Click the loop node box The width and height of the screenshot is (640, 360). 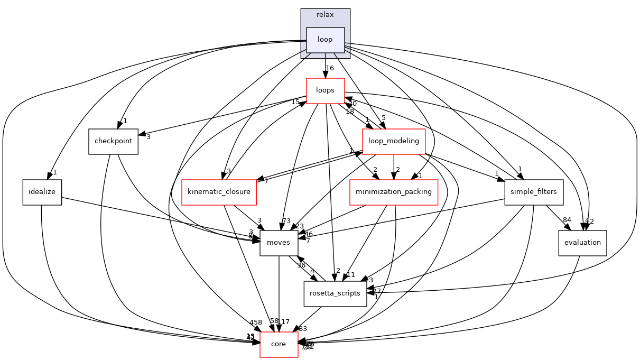coord(326,40)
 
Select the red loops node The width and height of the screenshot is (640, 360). coord(325,90)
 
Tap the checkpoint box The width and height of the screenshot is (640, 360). coord(113,142)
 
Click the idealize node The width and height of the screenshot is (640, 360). coord(42,192)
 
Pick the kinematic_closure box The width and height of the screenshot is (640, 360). coord(219,192)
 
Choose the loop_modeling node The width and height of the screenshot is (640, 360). coord(394,141)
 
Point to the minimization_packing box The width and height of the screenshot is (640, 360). coord(394,192)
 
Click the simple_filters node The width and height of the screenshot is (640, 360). coord(534,192)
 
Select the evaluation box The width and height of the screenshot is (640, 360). coord(582,243)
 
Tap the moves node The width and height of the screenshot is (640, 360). coord(279,243)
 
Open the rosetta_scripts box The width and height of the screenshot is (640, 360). coord(335,293)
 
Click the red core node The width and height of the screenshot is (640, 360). coord(279,344)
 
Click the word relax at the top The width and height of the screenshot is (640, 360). coord(325,15)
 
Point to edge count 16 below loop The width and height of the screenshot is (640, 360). coord(330,68)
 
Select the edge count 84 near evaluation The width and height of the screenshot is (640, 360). coord(567,220)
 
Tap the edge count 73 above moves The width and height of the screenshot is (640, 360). coord(287,220)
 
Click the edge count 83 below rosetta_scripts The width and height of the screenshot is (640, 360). coord(303,329)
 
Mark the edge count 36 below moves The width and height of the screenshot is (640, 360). coord(301,265)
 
